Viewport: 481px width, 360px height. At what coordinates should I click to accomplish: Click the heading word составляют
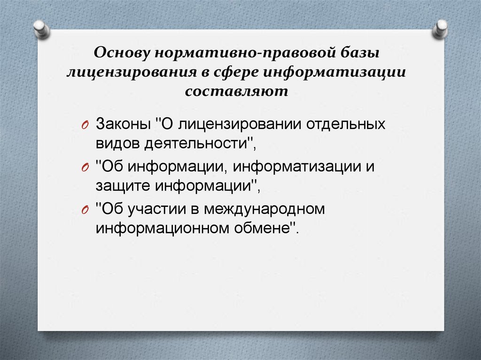[240, 91]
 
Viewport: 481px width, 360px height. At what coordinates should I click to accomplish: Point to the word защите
[120, 186]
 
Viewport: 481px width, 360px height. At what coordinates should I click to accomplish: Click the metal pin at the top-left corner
[41, 29]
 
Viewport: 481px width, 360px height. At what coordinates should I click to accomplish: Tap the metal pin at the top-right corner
[441, 29]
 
